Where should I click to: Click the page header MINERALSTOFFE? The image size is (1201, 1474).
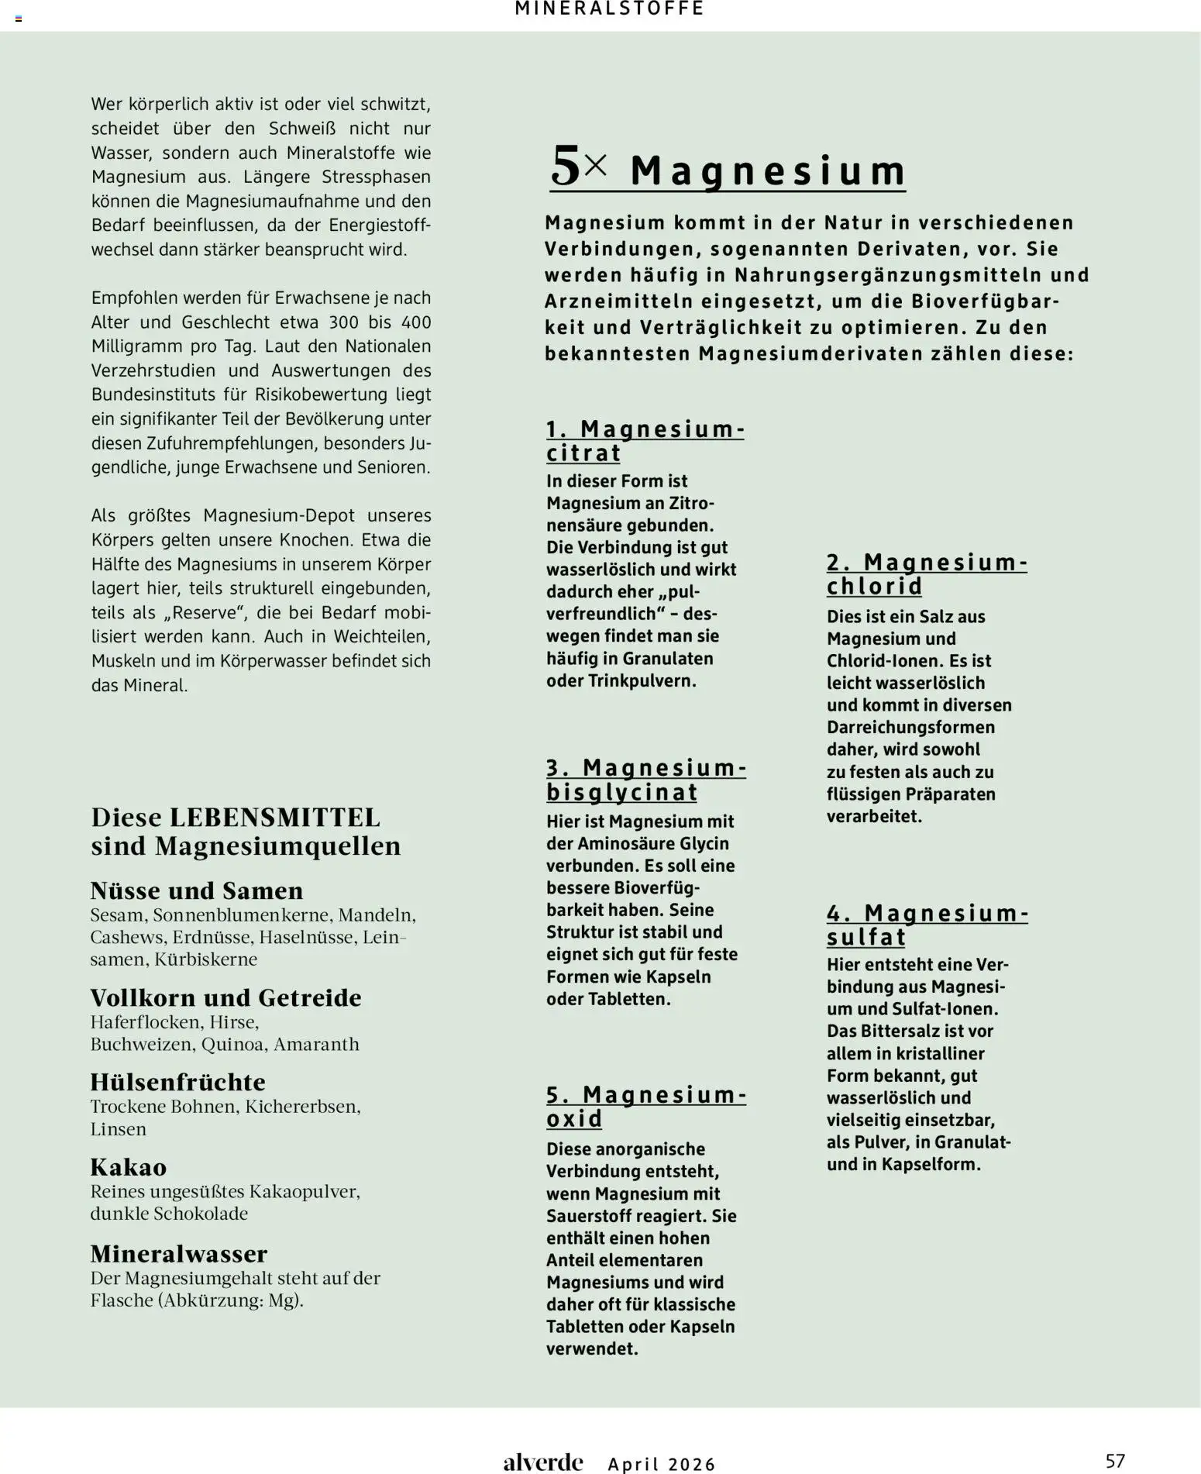[x=609, y=9]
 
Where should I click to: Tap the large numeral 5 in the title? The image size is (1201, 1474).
[x=565, y=167]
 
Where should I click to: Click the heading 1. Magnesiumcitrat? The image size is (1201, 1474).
[x=645, y=441]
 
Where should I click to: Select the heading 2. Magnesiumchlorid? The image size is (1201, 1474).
[x=927, y=574]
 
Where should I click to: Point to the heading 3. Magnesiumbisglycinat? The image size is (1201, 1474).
[x=645, y=780]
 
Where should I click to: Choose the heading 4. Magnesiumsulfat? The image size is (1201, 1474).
[x=927, y=925]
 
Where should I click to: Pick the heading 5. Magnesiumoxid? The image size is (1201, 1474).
[x=645, y=1107]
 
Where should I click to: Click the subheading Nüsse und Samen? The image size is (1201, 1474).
[x=196, y=890]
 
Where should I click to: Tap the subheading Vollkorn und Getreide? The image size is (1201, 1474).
[x=225, y=997]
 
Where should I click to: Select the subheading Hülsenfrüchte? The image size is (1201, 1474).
[x=177, y=1082]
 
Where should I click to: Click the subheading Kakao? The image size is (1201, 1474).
[x=129, y=1167]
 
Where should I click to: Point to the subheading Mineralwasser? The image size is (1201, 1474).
[x=179, y=1253]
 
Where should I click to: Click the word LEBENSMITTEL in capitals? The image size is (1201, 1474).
[x=275, y=818]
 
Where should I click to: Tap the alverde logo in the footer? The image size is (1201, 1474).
[x=542, y=1462]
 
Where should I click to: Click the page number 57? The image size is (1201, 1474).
[x=1114, y=1461]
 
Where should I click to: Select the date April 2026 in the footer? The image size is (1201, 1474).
[x=662, y=1464]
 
